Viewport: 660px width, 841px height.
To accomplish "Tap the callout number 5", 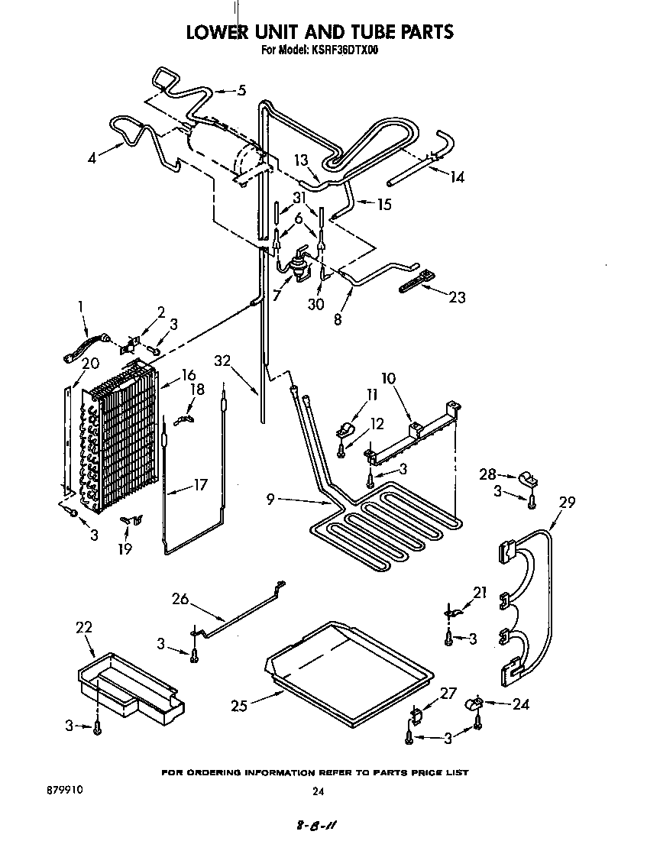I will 241,90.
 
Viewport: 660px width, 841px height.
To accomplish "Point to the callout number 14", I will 457,177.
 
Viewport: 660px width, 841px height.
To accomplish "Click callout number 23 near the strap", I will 457,298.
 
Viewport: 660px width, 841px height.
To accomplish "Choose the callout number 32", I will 222,361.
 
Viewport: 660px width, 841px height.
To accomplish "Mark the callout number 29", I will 567,503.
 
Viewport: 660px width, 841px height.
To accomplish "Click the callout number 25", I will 239,707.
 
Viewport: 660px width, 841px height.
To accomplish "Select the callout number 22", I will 84,627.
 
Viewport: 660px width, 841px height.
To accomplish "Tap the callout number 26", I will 180,599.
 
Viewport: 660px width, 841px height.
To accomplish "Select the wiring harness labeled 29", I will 527,603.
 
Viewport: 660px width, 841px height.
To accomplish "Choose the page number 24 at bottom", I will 319,792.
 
